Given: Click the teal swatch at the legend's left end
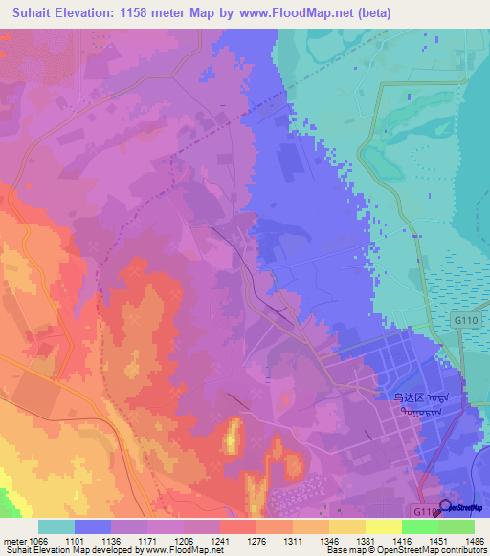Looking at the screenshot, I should pos(56,526).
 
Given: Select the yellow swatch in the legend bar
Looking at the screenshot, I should pos(383,526).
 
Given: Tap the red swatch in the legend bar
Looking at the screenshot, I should pos(237,526).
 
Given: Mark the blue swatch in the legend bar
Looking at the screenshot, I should pos(93,526).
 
